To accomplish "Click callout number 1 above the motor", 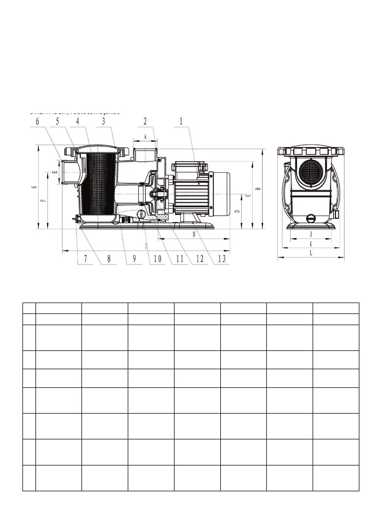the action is coord(182,122).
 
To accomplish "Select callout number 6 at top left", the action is coord(38,121).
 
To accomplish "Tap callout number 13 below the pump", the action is coord(222,258).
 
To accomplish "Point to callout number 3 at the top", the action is coord(103,121).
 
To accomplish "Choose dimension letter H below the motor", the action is coord(194,234).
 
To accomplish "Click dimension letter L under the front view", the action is coord(311,253).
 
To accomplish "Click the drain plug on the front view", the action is coord(311,218).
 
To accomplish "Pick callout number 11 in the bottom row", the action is coord(180,258).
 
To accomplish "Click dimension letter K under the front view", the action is coord(311,244).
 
